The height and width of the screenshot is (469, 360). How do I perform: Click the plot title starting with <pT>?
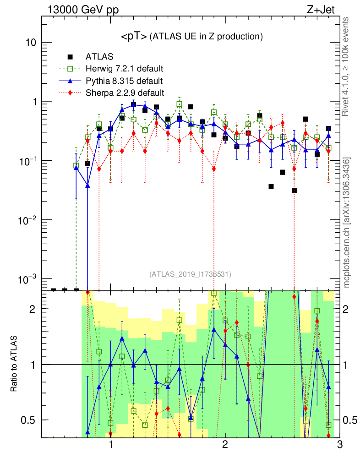tap(191, 37)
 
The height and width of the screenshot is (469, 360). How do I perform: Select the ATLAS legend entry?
tap(99, 57)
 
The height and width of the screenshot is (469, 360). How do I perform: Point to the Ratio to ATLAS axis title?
tap(15, 364)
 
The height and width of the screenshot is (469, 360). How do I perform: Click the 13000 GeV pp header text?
tap(83, 9)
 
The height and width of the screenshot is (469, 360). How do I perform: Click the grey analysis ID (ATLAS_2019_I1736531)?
tap(190, 274)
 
